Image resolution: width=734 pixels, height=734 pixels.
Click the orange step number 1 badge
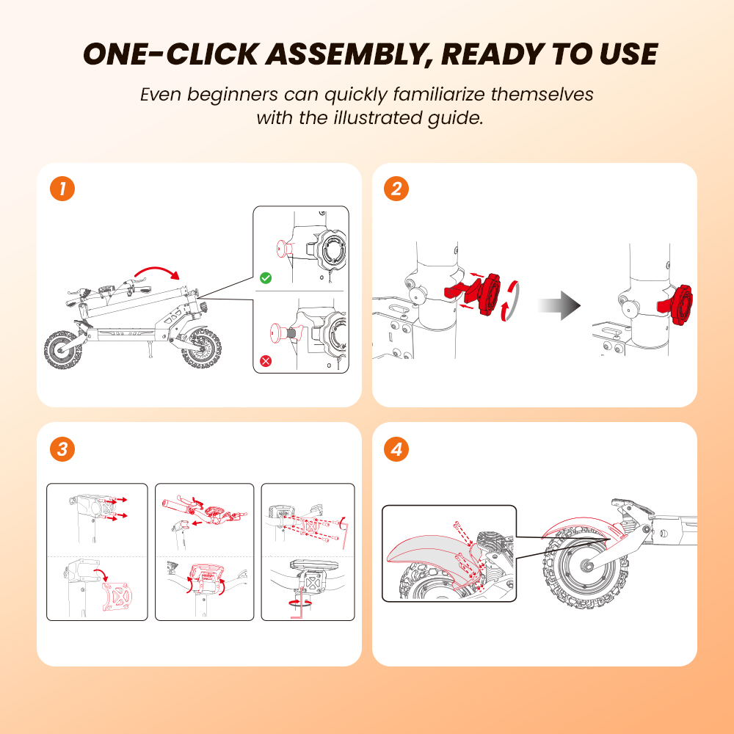coord(62,189)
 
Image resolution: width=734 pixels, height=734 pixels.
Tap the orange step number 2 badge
coord(396,189)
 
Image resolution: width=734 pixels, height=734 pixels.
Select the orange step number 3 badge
coord(62,449)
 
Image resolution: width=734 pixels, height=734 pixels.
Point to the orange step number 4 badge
coord(396,449)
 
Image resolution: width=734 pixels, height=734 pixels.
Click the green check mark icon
coord(266,278)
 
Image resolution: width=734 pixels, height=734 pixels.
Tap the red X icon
coord(266,361)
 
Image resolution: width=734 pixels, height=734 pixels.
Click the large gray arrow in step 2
coord(559,305)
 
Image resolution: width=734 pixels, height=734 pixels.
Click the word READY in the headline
coord(493,54)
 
